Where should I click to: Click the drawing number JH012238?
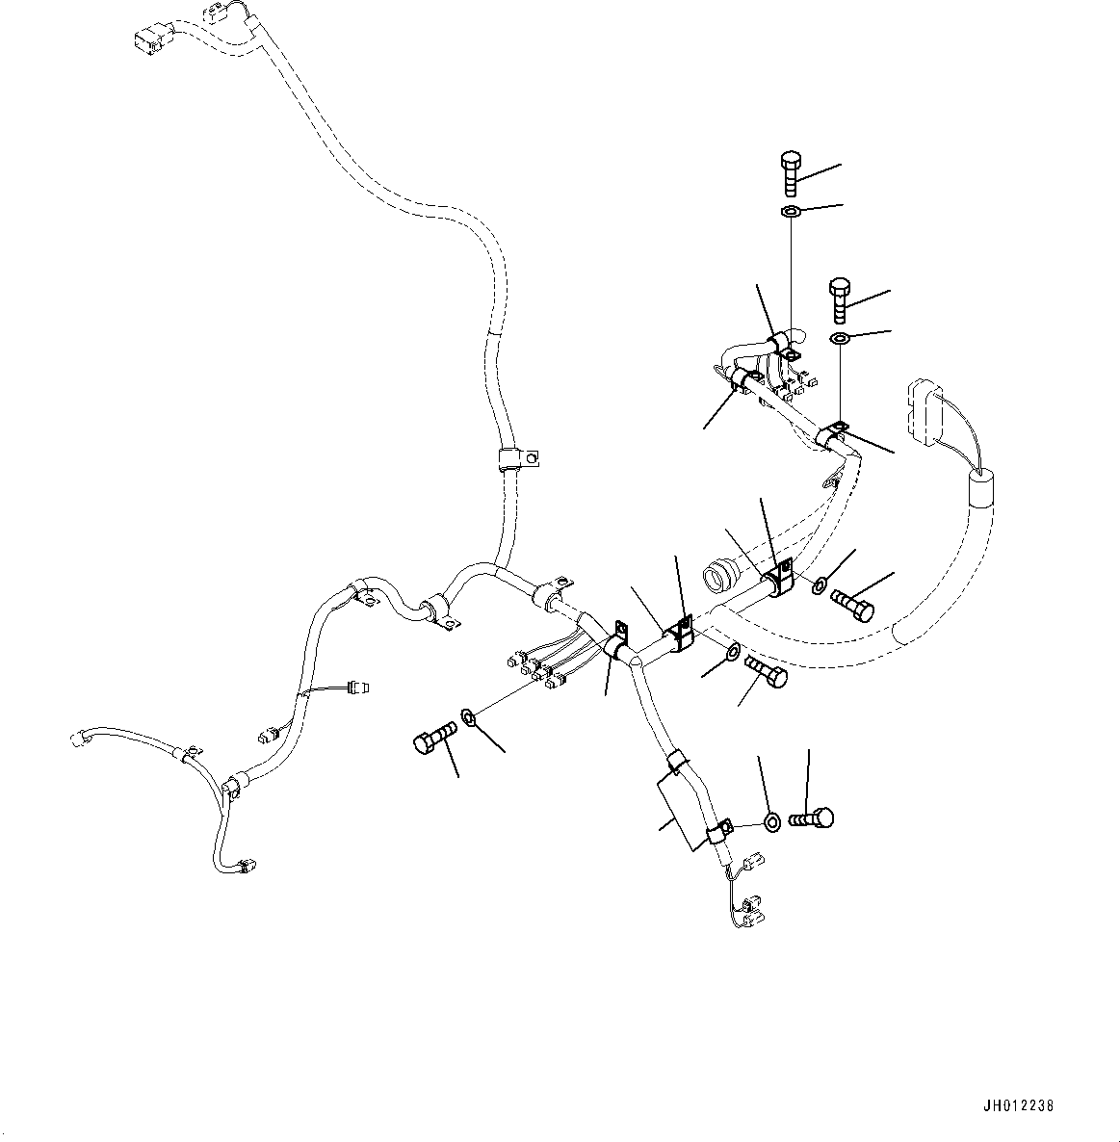coord(1018,1106)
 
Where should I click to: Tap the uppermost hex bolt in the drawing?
coord(790,173)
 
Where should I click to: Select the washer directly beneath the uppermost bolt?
coord(790,212)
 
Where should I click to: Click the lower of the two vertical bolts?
coord(839,300)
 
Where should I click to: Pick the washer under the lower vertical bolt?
coord(840,337)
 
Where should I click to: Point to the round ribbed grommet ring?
coord(718,575)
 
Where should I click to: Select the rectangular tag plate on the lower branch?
coord(684,812)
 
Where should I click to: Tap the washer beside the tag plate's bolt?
coord(772,823)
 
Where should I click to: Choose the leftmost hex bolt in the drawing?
coord(434,737)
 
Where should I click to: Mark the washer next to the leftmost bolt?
coord(469,716)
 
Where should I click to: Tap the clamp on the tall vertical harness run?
coord(518,460)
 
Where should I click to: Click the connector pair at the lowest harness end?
coord(751,912)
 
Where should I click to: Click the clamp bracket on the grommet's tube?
coord(778,578)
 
